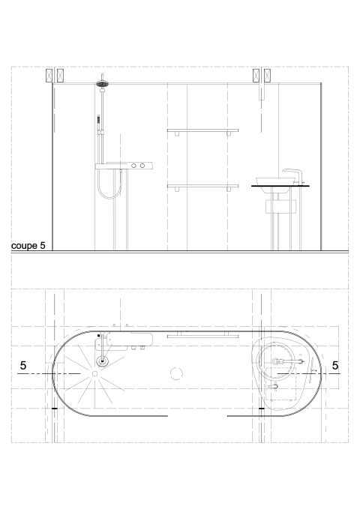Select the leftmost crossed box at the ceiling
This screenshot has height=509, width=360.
coord(51,76)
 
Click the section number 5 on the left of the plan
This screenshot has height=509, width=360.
coord(23,366)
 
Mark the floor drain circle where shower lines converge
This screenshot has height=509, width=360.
coord(96,372)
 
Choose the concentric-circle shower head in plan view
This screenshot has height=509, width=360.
coord(103,361)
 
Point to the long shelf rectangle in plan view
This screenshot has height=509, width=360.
coord(197,337)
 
